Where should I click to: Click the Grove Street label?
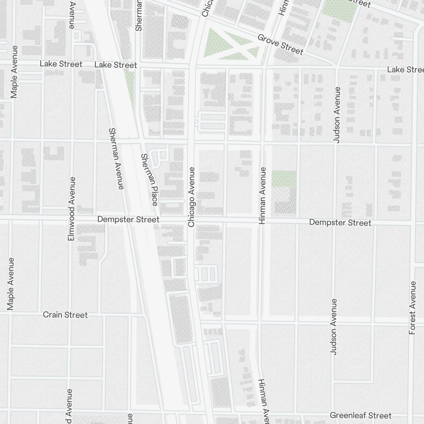pyautogui.click(x=280, y=45)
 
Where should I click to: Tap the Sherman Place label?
pyautogui.click(x=150, y=179)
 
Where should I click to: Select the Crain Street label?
pyautogui.click(x=65, y=315)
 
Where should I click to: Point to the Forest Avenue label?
pyautogui.click(x=413, y=307)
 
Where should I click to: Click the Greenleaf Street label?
pyautogui.click(x=360, y=415)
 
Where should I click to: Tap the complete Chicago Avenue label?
pyautogui.click(x=191, y=197)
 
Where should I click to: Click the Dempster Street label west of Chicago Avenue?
pyautogui.click(x=128, y=220)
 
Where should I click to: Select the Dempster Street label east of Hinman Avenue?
pyautogui.click(x=340, y=223)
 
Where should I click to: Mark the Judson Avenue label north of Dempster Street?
pyautogui.click(x=337, y=115)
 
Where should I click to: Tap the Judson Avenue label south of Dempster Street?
pyautogui.click(x=334, y=326)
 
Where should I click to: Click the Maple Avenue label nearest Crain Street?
pyautogui.click(x=11, y=283)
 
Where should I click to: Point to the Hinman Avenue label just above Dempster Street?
pyautogui.click(x=262, y=195)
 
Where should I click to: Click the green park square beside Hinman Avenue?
pyautogui.click(x=284, y=179)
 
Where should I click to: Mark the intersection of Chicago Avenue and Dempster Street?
pyautogui.click(x=190, y=220)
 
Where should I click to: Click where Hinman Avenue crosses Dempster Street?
pyautogui.click(x=262, y=221)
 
